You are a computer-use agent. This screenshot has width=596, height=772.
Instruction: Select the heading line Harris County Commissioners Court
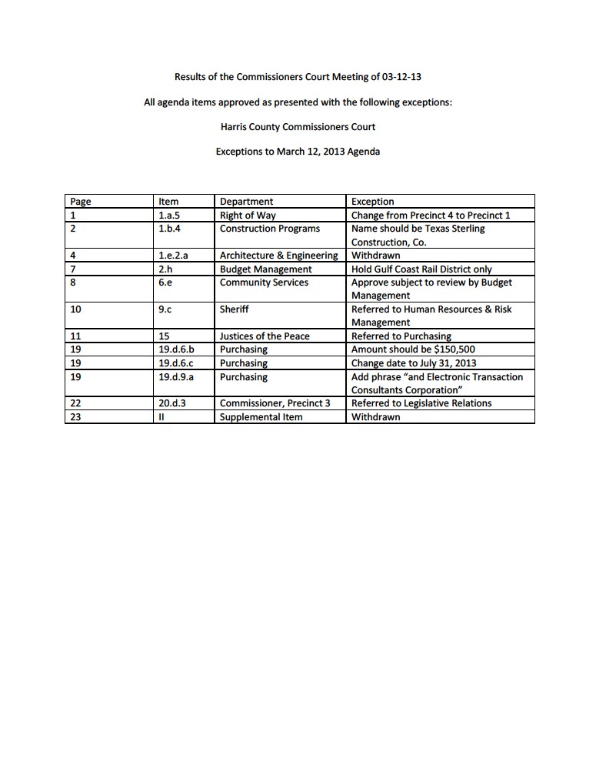click(298, 126)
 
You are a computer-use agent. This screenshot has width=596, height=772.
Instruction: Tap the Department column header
click(246, 202)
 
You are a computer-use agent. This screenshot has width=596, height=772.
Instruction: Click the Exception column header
click(372, 202)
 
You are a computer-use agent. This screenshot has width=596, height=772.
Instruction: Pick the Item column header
click(168, 202)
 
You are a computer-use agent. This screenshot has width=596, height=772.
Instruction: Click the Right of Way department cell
click(248, 216)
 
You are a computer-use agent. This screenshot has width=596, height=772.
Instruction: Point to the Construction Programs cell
click(269, 229)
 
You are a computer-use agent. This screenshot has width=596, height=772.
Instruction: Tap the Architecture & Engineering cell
click(278, 256)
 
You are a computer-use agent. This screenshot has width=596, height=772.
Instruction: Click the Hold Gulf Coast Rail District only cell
click(421, 269)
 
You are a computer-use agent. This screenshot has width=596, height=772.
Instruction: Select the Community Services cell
click(264, 282)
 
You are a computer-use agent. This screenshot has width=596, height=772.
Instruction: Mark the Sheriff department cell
click(234, 309)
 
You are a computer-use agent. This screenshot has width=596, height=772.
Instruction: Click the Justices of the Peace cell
click(265, 336)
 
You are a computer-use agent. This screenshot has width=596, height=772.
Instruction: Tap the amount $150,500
click(453, 349)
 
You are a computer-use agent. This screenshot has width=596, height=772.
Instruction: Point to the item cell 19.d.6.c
click(175, 363)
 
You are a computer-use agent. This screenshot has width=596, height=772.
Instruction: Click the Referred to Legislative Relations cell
click(421, 403)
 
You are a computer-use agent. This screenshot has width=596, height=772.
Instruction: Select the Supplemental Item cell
click(261, 417)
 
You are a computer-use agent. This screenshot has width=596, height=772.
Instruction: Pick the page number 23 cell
click(75, 417)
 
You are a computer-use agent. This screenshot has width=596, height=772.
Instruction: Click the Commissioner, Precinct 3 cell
click(275, 403)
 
